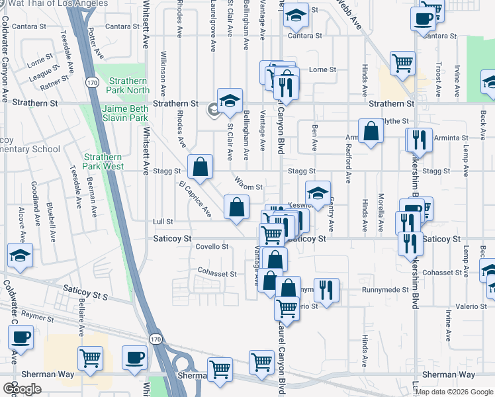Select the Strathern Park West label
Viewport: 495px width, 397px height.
tap(103, 161)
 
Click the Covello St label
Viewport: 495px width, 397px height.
tap(212, 246)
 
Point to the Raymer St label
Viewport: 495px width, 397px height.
tap(37, 317)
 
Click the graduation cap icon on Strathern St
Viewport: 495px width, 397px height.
tap(229, 101)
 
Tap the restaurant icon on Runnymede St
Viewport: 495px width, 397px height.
tap(326, 289)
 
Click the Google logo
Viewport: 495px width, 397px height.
tap(22, 389)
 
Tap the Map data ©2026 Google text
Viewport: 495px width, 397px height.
tap(453, 392)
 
